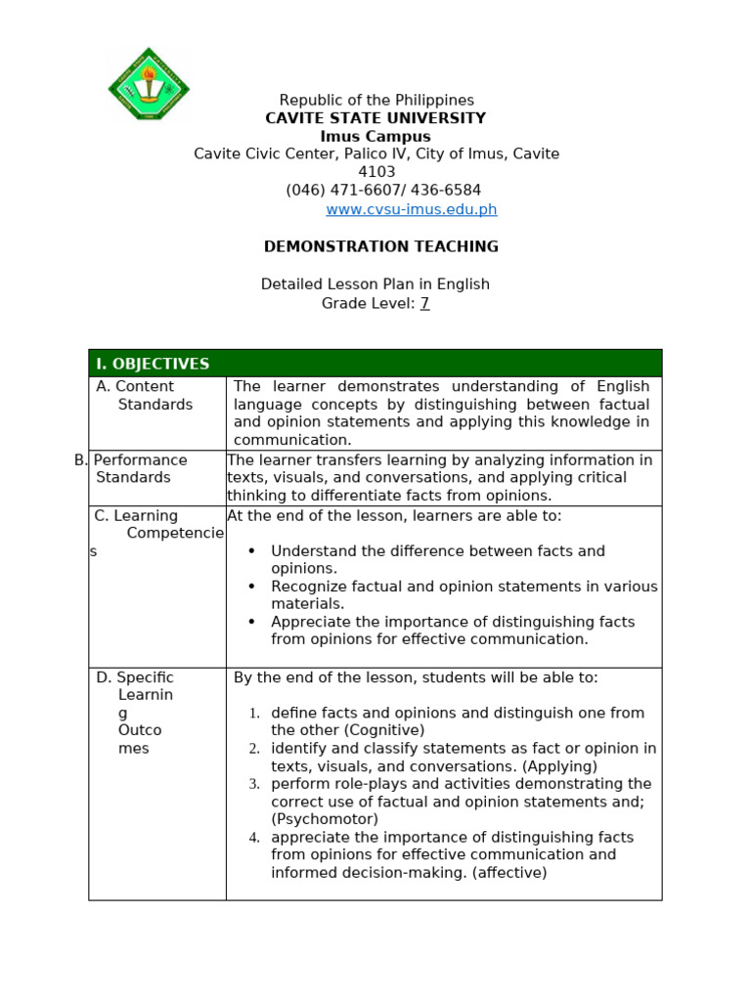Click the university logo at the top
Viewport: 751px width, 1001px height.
click(149, 86)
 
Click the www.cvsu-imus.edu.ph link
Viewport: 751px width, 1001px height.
click(411, 209)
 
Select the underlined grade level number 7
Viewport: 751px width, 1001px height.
click(424, 303)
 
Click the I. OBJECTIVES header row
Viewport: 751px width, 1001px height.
click(375, 364)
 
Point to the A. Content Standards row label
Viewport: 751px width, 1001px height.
click(145, 396)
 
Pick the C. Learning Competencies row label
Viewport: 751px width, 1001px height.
click(147, 533)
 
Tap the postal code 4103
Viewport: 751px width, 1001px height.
click(376, 172)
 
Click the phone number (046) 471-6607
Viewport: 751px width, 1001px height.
click(337, 191)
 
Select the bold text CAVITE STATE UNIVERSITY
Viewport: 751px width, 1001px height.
click(375, 118)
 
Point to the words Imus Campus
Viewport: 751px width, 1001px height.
click(375, 137)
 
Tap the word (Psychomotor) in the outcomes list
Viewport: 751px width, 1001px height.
click(325, 819)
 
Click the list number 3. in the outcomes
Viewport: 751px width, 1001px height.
click(254, 784)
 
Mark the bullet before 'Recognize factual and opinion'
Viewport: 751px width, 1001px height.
click(252, 587)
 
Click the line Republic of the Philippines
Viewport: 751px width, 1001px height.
click(376, 100)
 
